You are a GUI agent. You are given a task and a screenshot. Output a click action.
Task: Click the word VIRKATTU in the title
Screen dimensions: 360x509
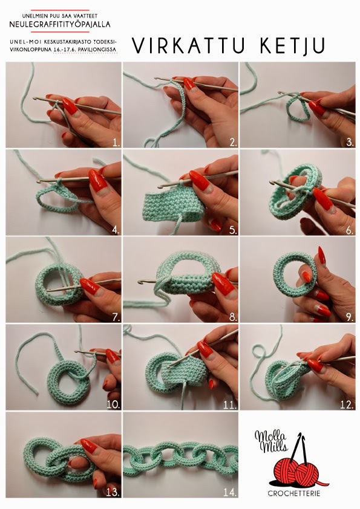[x=189, y=46]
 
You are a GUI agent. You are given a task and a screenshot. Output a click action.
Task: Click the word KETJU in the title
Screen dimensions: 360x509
[x=292, y=46]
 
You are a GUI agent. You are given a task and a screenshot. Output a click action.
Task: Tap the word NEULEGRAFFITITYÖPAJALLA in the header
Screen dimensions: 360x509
[x=60, y=24]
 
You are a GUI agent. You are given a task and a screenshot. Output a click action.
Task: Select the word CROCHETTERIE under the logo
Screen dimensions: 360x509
[x=294, y=494]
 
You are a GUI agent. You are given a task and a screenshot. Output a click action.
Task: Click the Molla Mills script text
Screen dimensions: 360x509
[x=271, y=441]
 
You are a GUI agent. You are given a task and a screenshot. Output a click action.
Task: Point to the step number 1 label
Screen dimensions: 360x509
[x=116, y=142]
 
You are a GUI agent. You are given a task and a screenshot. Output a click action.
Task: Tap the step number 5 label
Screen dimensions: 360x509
[x=233, y=230]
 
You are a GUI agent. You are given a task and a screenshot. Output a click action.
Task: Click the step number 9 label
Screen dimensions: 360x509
[x=350, y=317]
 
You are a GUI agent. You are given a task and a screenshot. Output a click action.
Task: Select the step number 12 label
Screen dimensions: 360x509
[x=347, y=404]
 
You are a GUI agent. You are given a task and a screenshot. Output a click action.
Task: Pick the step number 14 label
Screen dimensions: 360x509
[x=230, y=492]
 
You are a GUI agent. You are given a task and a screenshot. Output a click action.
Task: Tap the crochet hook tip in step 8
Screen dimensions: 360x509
[x=140, y=280]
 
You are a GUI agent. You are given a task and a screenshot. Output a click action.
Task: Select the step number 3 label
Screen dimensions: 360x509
[x=350, y=142]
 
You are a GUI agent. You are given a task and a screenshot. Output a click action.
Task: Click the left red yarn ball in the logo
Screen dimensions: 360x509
[x=285, y=474]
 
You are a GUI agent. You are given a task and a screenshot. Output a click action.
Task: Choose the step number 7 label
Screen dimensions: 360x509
[x=116, y=317]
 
